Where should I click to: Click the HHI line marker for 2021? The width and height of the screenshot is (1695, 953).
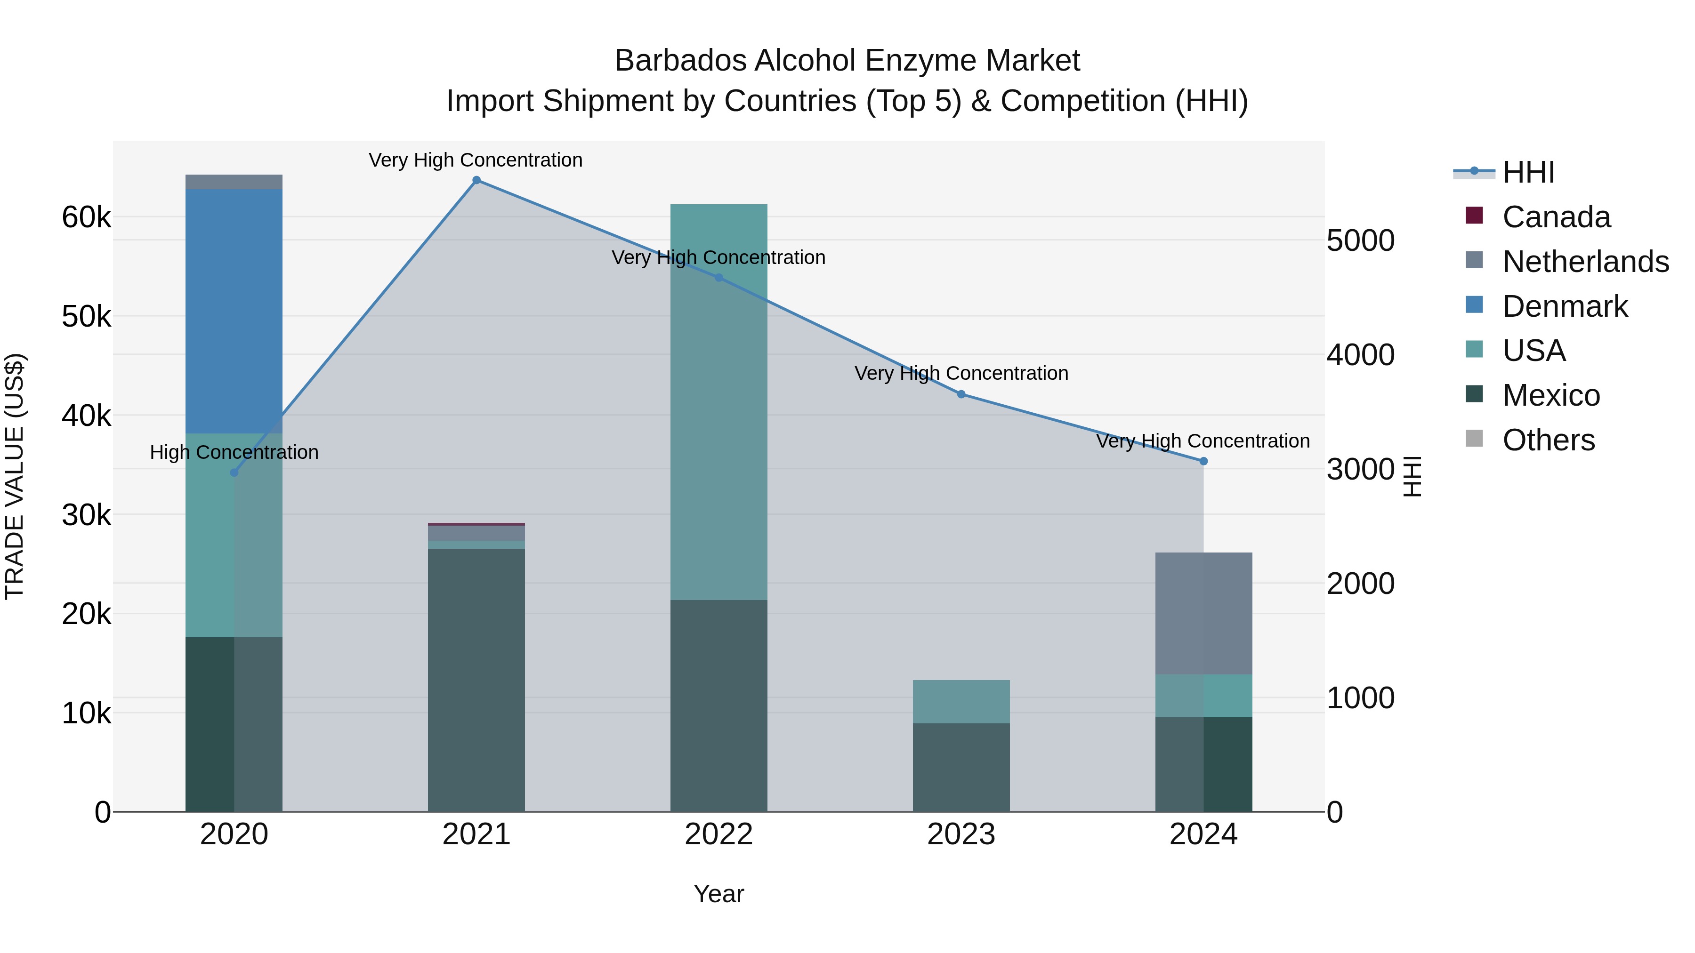pos(476,180)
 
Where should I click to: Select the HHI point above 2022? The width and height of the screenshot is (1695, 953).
pos(718,278)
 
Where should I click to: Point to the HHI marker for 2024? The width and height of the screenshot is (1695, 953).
pos(1203,462)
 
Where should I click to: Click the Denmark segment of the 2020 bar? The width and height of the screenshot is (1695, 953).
pos(234,311)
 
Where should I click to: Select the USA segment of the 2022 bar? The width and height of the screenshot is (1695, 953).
pos(718,401)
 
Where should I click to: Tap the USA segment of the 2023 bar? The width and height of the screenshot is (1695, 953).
pos(961,702)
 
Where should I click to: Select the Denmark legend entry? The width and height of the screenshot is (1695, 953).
pos(1565,306)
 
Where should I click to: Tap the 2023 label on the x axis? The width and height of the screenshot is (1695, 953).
pos(961,834)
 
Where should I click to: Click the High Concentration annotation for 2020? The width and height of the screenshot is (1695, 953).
pos(234,452)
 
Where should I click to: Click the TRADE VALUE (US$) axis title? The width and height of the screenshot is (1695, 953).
pos(15,476)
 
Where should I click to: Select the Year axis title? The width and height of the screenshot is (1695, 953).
pos(718,894)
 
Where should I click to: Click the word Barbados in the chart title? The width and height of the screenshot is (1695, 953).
pos(680,61)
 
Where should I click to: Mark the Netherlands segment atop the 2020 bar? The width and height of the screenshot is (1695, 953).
pos(234,182)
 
